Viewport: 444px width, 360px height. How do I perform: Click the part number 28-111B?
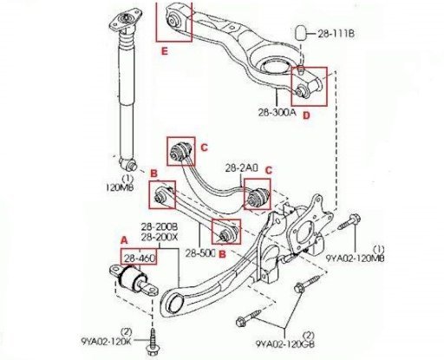[x=336, y=34]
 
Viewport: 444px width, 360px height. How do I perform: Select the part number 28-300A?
[x=277, y=112]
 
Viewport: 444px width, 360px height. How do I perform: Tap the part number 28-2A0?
[x=242, y=168]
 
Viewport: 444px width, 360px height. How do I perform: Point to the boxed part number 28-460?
[x=140, y=258]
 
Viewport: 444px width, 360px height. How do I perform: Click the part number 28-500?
[x=200, y=253]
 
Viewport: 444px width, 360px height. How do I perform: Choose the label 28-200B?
[x=160, y=226]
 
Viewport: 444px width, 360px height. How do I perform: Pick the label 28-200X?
[x=160, y=238]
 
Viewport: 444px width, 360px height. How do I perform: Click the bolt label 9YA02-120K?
[x=106, y=342]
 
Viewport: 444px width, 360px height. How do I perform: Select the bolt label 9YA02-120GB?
[x=285, y=344]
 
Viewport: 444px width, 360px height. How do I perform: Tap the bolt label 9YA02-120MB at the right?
[x=356, y=258]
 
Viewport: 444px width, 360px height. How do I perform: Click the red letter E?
[x=164, y=51]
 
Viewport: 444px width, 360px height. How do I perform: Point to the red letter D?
[x=306, y=115]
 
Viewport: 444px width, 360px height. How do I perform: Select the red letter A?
[x=124, y=240]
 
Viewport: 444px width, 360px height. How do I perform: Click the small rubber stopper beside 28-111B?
[x=301, y=33]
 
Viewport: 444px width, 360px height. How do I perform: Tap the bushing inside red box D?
[x=301, y=90]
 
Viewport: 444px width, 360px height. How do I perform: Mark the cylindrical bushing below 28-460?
[x=132, y=280]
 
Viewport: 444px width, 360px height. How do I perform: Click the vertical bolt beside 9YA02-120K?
[x=152, y=344]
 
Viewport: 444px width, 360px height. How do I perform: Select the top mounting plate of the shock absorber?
[x=125, y=21]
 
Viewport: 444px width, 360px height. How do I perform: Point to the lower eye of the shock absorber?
[x=129, y=165]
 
